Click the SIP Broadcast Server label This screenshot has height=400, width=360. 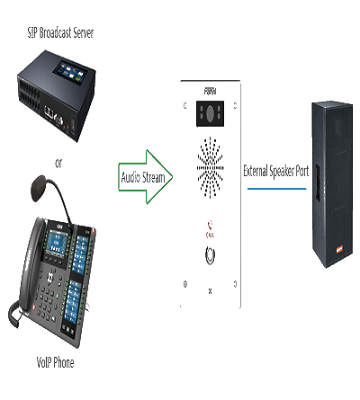tap(60, 32)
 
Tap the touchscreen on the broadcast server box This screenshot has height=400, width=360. tap(69, 71)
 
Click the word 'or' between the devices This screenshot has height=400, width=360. tap(58, 164)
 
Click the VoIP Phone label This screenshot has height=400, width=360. tap(55, 362)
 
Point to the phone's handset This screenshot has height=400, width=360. tap(31, 263)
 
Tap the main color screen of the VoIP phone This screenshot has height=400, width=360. tap(56, 242)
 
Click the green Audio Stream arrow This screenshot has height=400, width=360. tap(146, 177)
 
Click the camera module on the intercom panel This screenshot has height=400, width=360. tap(210, 113)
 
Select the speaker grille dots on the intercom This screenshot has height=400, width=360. tap(210, 168)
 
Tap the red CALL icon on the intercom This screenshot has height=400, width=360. tap(210, 229)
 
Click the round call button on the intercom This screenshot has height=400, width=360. tap(210, 255)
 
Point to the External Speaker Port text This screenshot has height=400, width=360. tap(276, 172)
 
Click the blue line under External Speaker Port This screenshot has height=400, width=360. tap(276, 189)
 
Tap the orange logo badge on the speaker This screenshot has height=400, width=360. tap(339, 249)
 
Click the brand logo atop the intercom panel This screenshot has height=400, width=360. tap(210, 91)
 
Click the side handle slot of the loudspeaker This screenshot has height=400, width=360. tap(318, 182)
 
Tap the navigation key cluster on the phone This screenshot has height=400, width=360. tap(50, 276)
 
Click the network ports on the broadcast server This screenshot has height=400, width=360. tap(49, 111)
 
